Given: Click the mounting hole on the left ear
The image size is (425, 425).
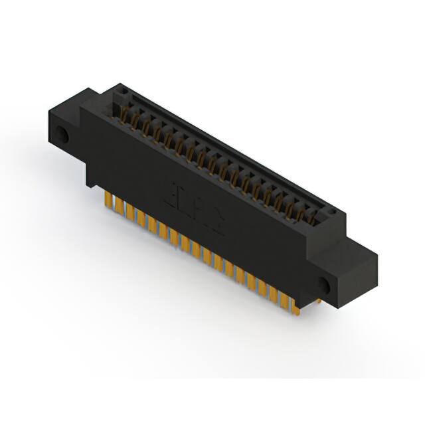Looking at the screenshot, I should tap(63, 135).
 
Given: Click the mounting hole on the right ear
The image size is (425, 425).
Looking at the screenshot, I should tap(324, 284).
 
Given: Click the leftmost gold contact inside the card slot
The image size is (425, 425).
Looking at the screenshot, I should tap(124, 112).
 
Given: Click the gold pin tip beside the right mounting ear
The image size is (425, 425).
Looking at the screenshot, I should tap(317, 301).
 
